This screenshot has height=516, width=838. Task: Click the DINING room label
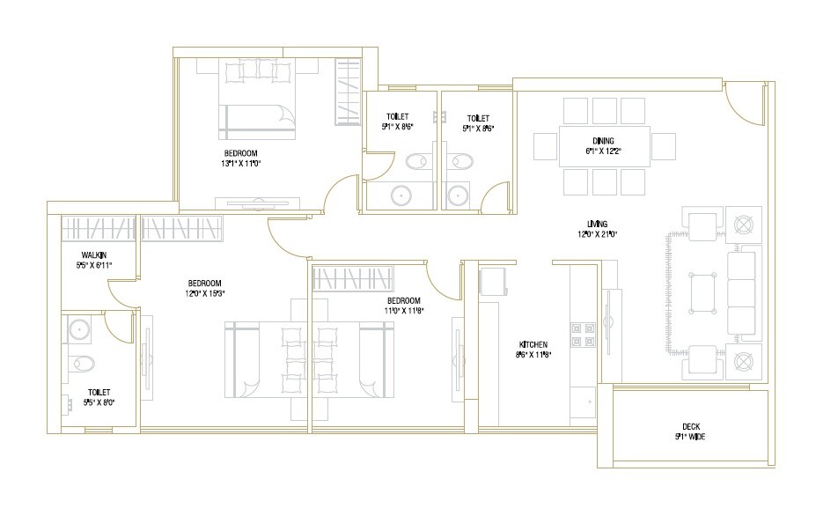tap(603, 141)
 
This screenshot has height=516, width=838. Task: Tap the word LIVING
tap(599, 224)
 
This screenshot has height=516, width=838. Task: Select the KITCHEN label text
tap(533, 344)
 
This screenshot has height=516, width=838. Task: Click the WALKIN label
tap(85, 254)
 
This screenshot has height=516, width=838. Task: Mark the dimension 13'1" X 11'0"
tap(242, 163)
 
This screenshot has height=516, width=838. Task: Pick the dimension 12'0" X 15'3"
tap(206, 293)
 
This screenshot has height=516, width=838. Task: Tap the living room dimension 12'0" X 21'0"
tap(599, 234)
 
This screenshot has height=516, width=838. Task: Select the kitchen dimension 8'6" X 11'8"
tap(533, 355)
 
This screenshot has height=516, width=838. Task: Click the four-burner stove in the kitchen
tap(582, 332)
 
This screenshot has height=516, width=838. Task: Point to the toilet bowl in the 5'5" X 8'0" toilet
tap(82, 362)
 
